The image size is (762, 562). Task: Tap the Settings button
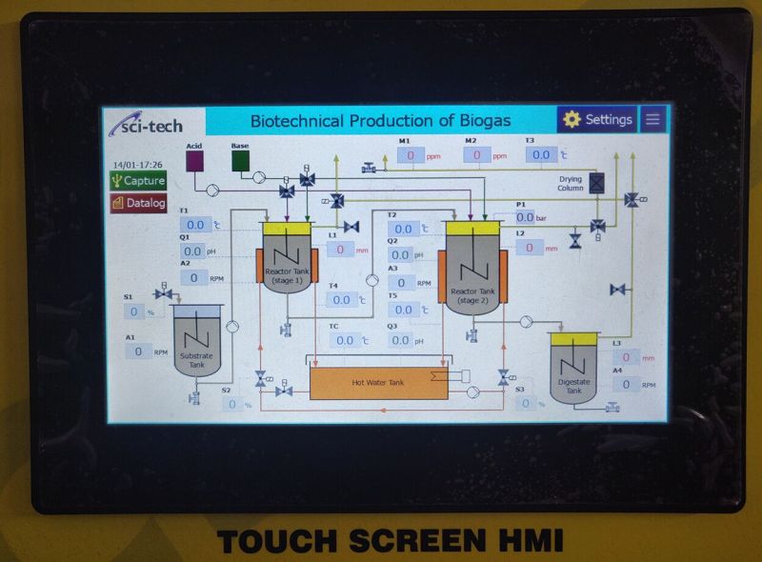pyautogui.click(x=598, y=119)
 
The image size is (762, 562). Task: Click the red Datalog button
pyautogui.click(x=138, y=203)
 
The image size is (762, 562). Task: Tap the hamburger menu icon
pyautogui.click(x=652, y=119)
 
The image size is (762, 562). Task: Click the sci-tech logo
pyautogui.click(x=146, y=124)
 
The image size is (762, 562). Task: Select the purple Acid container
pyautogui.click(x=193, y=161)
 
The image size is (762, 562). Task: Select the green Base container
pyautogui.click(x=240, y=161)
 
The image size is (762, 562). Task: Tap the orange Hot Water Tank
pyautogui.click(x=378, y=383)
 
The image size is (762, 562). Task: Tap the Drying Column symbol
pyautogui.click(x=597, y=182)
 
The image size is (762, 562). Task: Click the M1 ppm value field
pyautogui.click(x=411, y=154)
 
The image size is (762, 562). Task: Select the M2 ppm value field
pyautogui.click(x=476, y=154)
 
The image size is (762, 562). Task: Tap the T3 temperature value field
pyautogui.click(x=541, y=154)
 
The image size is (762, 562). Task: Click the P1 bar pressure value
pyautogui.click(x=525, y=217)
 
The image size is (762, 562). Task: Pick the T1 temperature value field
pyautogui.click(x=195, y=225)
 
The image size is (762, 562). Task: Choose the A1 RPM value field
pyautogui.click(x=138, y=351)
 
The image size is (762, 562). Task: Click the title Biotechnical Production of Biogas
pyautogui.click(x=380, y=120)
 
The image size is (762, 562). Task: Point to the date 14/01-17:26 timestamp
pyautogui.click(x=137, y=165)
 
